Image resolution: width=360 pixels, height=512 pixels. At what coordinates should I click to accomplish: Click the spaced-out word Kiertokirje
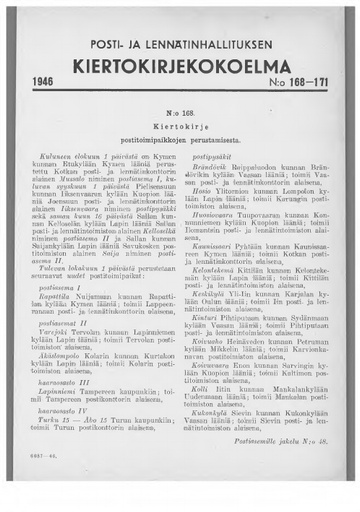click(x=179, y=128)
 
